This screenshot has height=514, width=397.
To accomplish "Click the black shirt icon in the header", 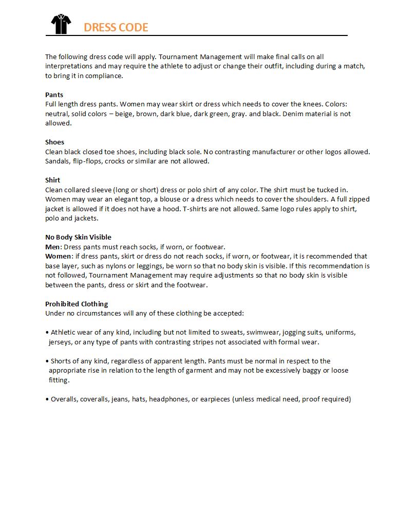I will coord(61,24).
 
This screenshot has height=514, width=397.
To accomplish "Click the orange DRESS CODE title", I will coord(116,27).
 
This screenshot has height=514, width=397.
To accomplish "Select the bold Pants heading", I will coord(54,95).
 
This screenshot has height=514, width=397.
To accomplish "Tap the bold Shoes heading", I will coord(54,142).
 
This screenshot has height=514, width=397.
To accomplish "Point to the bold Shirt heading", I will coord(52,180).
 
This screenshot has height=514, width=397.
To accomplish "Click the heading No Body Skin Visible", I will coord(78,237).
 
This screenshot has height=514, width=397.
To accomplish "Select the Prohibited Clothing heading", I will coord(77,304).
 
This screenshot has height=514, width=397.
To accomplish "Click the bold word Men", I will coord(52,247).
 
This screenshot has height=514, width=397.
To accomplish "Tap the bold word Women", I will coord(58,256).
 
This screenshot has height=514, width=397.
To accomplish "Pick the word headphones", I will coord(167,399).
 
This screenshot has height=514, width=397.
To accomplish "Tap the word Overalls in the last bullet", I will coord(64,399).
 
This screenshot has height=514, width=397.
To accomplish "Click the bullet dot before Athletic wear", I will coord(47,333).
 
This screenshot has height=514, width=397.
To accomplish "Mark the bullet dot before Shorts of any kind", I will coord(47,361).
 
